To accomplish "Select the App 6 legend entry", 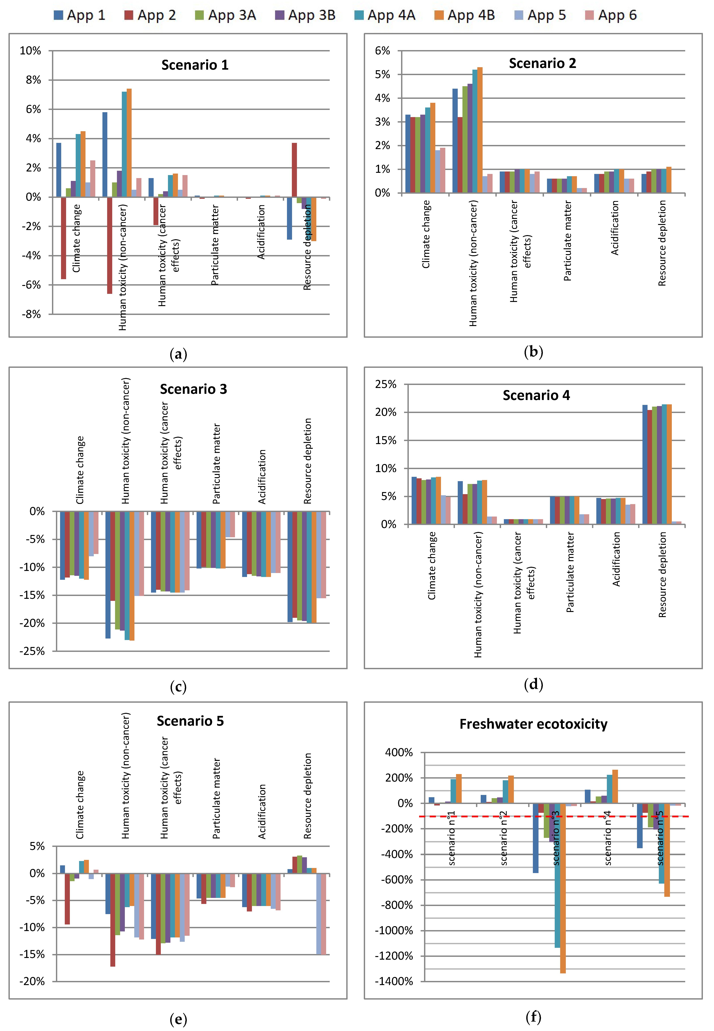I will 611,15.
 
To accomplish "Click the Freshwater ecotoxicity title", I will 533,724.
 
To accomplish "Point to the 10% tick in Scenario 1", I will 31,51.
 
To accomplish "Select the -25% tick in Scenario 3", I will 32,651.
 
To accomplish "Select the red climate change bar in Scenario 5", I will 67,899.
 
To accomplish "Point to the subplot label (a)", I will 178,354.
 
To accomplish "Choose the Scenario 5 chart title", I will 190,721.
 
